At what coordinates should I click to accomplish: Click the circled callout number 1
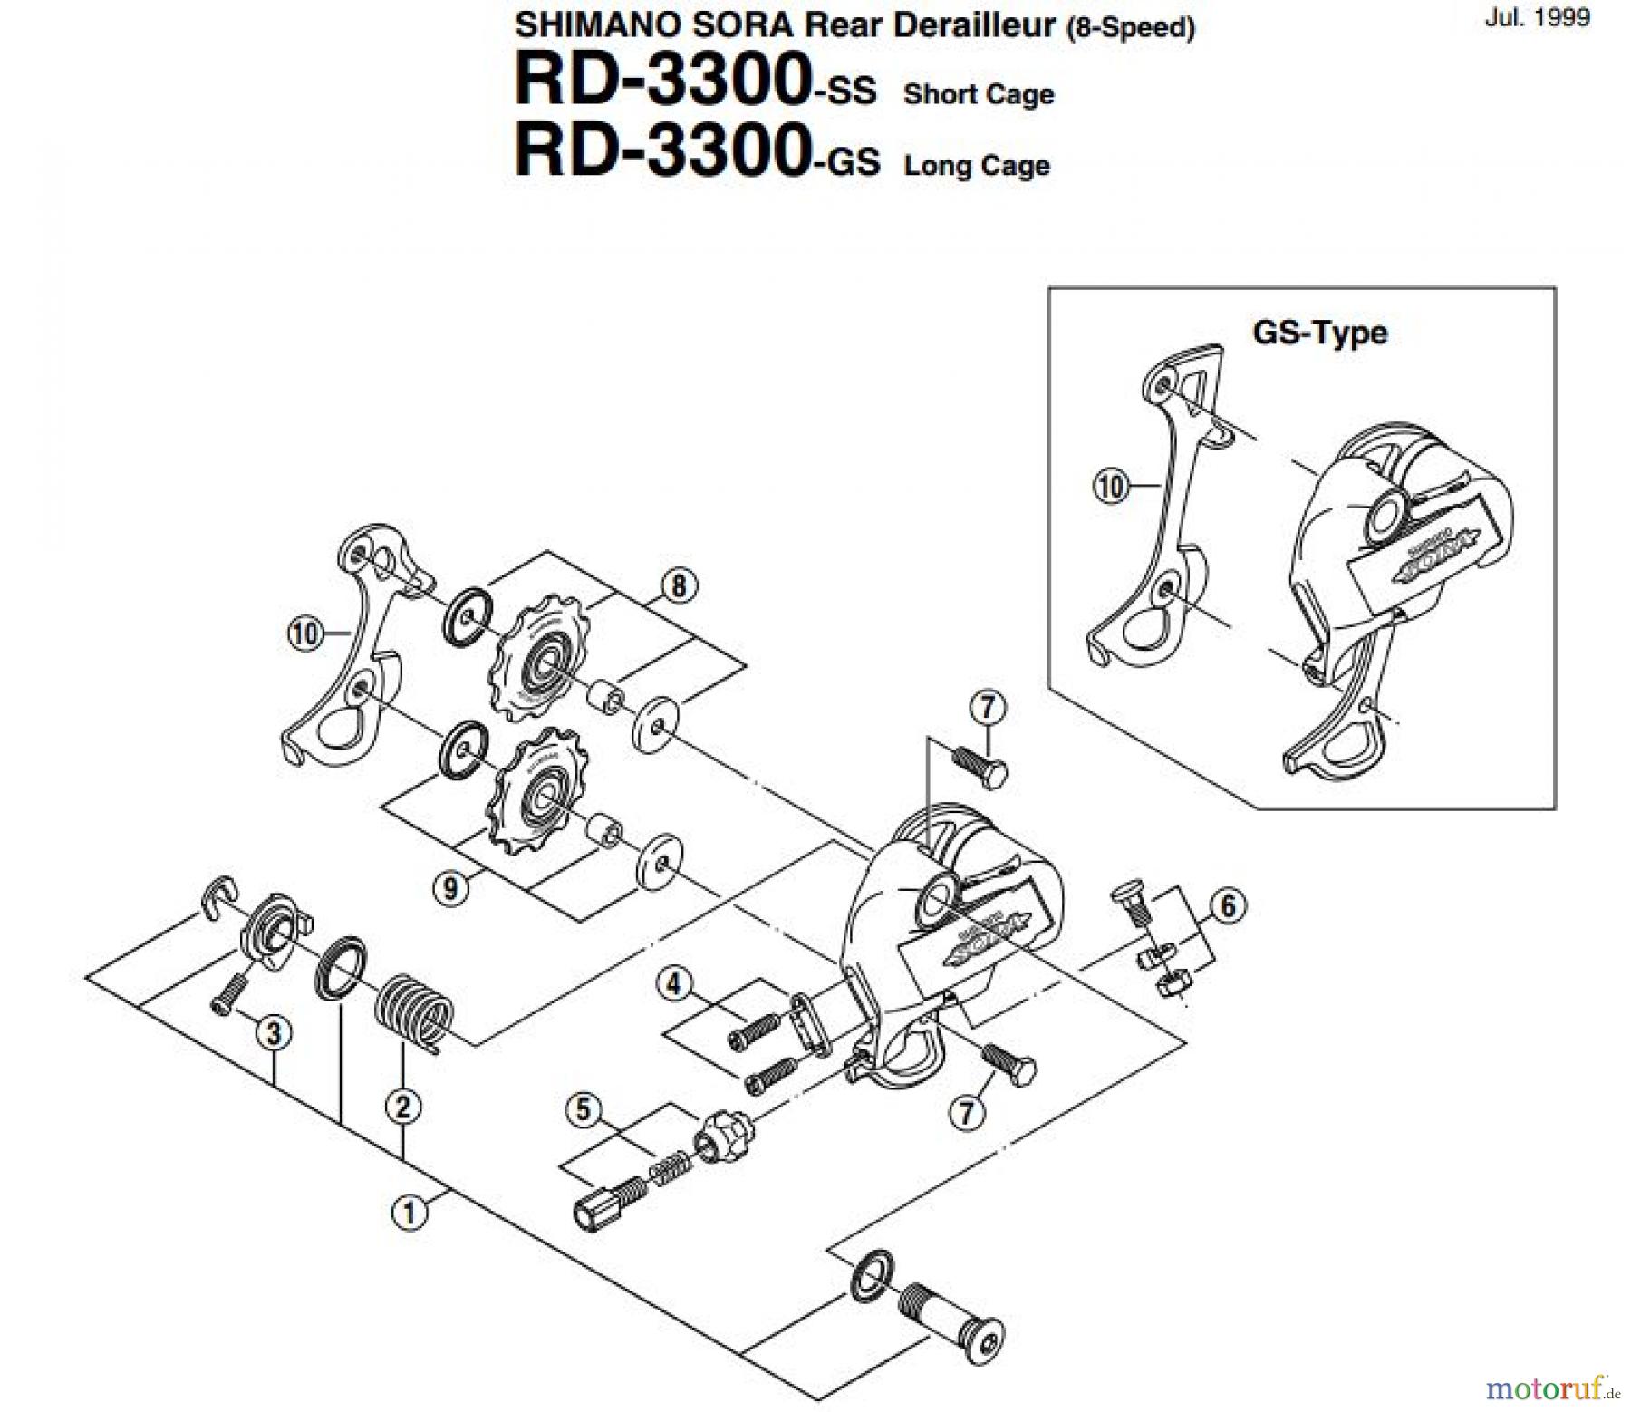pyautogui.click(x=409, y=1213)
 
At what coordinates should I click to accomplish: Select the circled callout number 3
pyautogui.click(x=274, y=1032)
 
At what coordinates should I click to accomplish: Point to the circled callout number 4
pyautogui.click(x=673, y=984)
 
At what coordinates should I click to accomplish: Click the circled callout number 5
pyautogui.click(x=583, y=1109)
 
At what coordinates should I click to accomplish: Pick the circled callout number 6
pyautogui.click(x=1228, y=905)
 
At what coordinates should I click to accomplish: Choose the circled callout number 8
pyautogui.click(x=679, y=586)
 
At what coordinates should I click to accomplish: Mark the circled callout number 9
pyautogui.click(x=450, y=888)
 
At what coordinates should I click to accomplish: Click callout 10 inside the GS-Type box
pyautogui.click(x=1111, y=487)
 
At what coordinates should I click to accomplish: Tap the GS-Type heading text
pyautogui.click(x=1319, y=333)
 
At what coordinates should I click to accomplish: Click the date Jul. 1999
pyautogui.click(x=1537, y=18)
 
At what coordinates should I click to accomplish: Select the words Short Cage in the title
pyautogui.click(x=979, y=94)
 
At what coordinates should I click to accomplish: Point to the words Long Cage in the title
pyautogui.click(x=977, y=166)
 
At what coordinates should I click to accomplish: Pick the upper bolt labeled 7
pyautogui.click(x=978, y=769)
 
